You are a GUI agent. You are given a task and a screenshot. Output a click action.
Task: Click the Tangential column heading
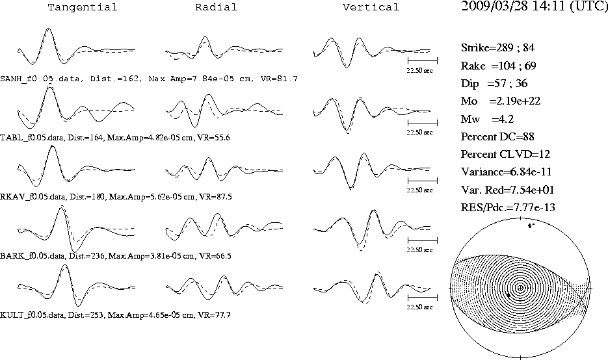82,7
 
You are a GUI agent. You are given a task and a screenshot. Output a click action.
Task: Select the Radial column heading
216,7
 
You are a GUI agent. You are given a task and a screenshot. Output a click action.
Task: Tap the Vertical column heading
371,7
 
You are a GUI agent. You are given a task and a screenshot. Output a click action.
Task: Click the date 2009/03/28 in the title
494,6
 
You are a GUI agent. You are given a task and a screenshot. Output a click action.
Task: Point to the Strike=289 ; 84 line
497,47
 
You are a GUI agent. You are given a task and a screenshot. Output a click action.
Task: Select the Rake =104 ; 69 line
498,66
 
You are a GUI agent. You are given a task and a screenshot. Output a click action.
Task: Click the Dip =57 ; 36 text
494,83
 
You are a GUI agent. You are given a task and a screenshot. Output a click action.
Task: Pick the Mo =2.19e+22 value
500,101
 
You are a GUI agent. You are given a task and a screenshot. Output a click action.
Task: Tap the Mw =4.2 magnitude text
487,119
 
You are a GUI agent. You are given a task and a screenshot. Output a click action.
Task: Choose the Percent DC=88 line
497,137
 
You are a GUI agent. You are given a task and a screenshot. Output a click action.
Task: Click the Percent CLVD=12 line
505,154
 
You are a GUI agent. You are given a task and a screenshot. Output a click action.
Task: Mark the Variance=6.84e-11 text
506,172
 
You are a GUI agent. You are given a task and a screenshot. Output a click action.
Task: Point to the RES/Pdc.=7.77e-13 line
508,208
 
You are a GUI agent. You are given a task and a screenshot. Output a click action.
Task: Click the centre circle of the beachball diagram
520,287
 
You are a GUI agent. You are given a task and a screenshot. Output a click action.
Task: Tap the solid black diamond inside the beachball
509,295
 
